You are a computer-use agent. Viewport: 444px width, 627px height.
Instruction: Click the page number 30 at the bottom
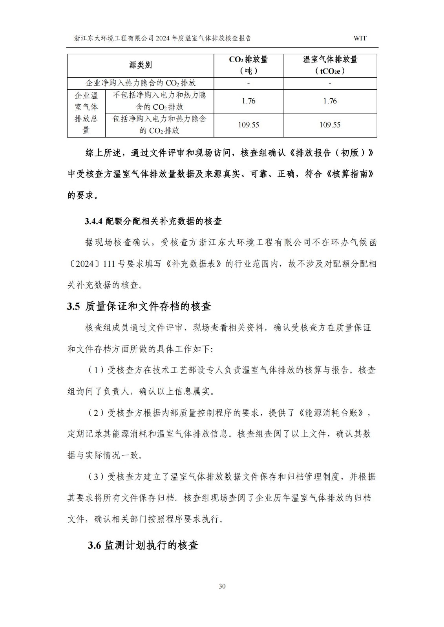(x=222, y=586)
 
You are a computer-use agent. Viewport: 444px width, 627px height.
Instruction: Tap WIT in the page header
(x=360, y=38)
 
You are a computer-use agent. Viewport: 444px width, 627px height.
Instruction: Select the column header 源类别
(x=140, y=65)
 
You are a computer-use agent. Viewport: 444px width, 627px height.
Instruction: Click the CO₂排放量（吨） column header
(x=248, y=65)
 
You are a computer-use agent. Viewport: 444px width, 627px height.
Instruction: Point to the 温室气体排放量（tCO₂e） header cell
(x=330, y=65)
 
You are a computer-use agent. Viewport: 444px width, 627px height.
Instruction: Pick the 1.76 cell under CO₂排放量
(x=248, y=101)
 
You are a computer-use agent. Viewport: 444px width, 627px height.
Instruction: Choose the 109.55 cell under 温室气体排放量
(x=330, y=125)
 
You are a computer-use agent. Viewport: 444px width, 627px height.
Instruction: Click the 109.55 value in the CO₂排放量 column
(x=248, y=125)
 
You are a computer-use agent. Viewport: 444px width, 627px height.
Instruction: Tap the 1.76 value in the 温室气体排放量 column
(x=330, y=101)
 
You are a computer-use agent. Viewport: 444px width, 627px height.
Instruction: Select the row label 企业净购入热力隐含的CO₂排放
(x=140, y=83)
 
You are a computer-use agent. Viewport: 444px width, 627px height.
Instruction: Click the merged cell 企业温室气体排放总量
(x=86, y=113)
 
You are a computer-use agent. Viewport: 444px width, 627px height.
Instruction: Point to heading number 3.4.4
(x=93, y=221)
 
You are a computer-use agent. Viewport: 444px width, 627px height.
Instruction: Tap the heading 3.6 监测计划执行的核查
(x=143, y=545)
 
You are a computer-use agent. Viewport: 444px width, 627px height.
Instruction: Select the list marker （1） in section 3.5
(x=95, y=370)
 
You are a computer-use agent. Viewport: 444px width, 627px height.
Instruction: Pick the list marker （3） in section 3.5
(x=95, y=477)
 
